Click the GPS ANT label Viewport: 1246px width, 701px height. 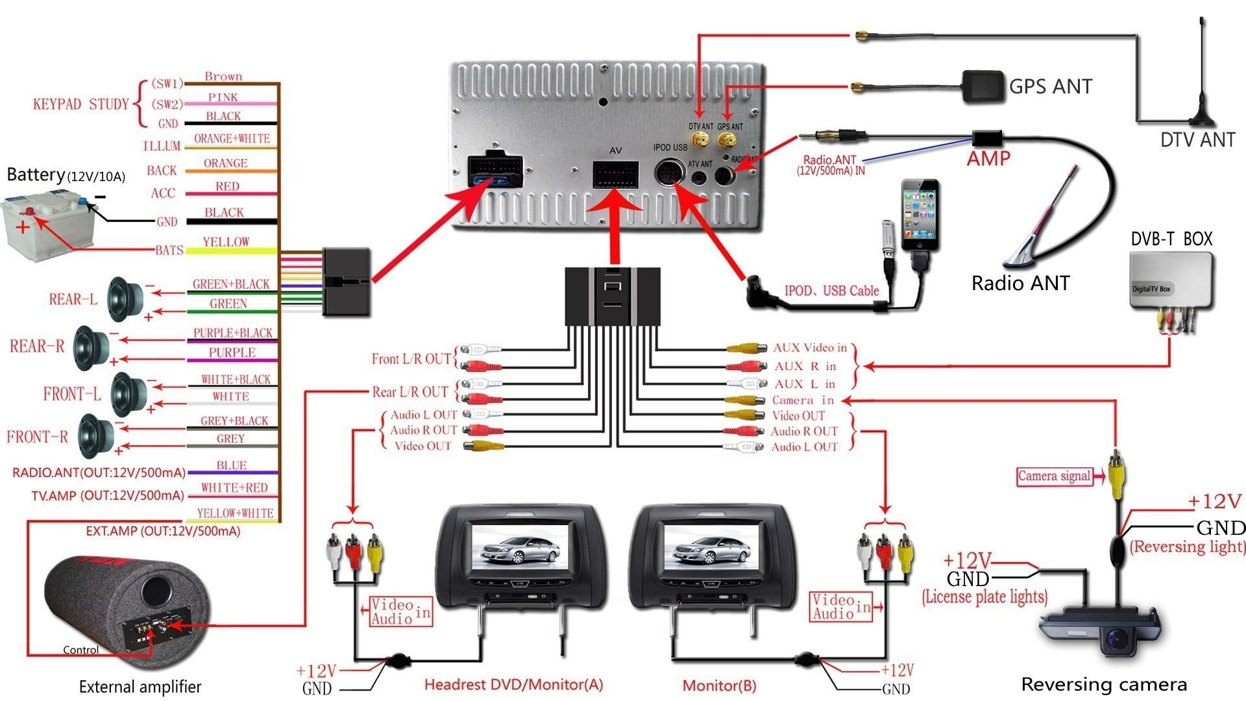point(1050,86)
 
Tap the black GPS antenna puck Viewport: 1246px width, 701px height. point(983,87)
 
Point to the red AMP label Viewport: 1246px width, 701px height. point(988,159)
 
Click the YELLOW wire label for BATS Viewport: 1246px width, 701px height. point(225,242)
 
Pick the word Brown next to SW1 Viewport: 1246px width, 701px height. point(223,77)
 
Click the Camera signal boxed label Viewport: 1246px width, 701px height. point(1054,476)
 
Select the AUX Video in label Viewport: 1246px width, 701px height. point(810,348)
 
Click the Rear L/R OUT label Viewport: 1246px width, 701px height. point(410,392)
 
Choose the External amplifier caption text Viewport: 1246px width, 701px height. point(140,687)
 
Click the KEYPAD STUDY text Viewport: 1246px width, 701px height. point(80,105)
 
